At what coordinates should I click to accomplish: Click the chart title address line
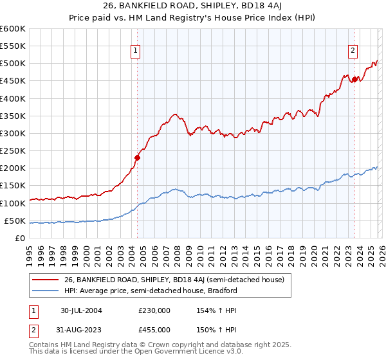click(193, 7)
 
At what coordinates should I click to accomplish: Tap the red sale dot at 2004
click(137, 157)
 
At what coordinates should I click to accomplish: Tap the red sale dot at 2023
click(354, 79)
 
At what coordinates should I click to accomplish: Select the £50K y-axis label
click(14, 221)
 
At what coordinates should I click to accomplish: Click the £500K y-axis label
click(14, 64)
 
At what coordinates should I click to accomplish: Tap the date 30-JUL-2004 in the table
click(81, 310)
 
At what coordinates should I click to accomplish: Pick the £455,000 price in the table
click(154, 330)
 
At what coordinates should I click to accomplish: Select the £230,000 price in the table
click(154, 310)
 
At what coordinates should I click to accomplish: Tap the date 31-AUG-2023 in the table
click(81, 330)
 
